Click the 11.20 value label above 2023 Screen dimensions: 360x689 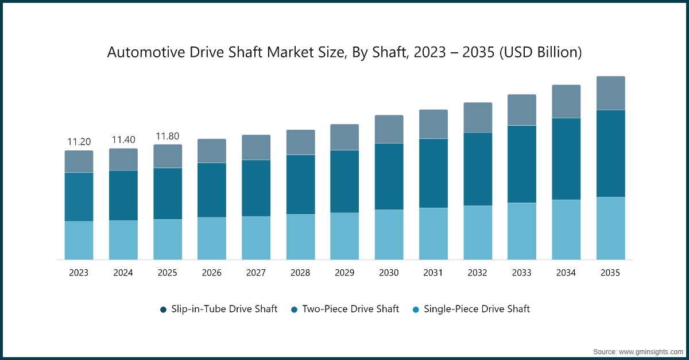(x=79, y=142)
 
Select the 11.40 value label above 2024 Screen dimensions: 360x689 (x=123, y=140)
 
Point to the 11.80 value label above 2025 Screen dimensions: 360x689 (x=168, y=136)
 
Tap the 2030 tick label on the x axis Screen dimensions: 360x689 (x=389, y=273)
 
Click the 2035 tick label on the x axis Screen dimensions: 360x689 (x=610, y=273)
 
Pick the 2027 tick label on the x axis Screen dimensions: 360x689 (x=256, y=273)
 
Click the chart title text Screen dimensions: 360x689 (x=344, y=53)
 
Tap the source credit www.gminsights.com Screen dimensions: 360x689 (x=638, y=350)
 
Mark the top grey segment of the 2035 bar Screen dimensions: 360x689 (x=610, y=93)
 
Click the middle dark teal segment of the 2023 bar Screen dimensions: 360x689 (x=79, y=197)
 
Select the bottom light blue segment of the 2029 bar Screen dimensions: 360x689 (x=344, y=236)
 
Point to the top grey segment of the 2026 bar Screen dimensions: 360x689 (x=212, y=151)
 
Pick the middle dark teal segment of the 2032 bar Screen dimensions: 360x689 (x=478, y=169)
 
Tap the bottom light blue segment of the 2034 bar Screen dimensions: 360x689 (x=566, y=230)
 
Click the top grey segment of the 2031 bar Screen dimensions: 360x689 (x=433, y=124)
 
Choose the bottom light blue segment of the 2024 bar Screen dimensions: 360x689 (x=123, y=240)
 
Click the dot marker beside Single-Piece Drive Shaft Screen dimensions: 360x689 (x=415, y=309)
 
